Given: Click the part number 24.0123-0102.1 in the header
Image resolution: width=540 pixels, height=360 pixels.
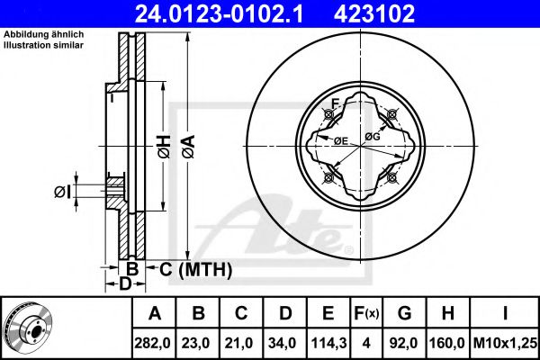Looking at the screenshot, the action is (x=219, y=13).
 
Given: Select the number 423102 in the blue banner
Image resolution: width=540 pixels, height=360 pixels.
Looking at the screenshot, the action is (x=374, y=13).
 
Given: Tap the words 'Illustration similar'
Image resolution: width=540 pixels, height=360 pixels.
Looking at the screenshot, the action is (x=43, y=45).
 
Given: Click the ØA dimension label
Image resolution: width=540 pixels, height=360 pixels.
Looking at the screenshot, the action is (x=189, y=147).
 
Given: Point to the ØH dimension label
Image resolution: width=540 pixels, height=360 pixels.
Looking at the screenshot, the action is (x=165, y=147).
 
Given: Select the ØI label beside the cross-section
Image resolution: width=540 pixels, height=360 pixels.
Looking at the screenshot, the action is (x=63, y=192).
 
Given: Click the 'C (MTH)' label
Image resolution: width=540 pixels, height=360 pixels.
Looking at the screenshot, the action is (x=195, y=269).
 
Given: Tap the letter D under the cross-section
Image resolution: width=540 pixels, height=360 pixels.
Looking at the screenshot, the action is (x=125, y=283).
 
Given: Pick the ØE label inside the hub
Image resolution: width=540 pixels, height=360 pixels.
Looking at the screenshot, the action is (x=341, y=140).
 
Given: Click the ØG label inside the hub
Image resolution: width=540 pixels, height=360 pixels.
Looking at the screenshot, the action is (x=373, y=137).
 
